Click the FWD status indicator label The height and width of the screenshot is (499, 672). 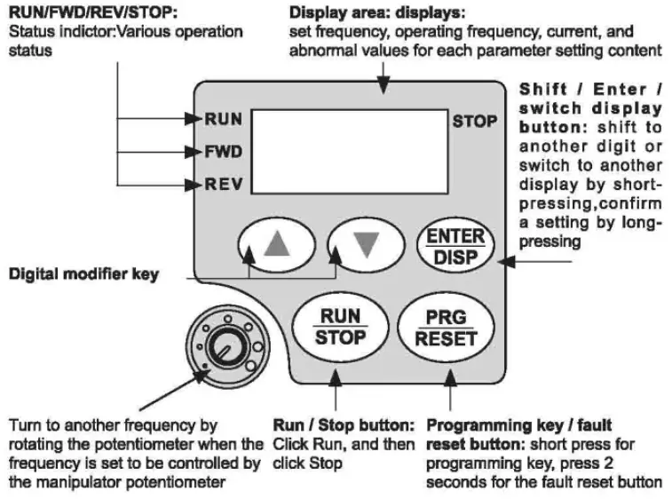coord(218,151)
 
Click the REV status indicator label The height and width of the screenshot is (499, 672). coord(218,185)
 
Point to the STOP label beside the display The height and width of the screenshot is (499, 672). coord(475,121)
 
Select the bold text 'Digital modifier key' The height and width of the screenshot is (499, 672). coord(83,274)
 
